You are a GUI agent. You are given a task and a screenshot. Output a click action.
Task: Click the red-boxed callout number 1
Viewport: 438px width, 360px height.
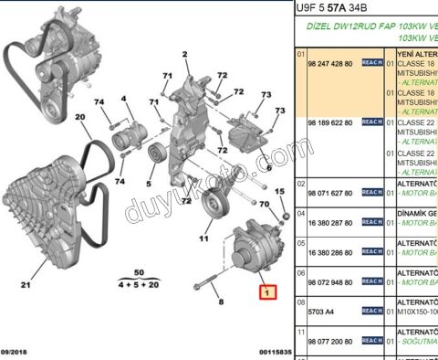(x=266, y=293)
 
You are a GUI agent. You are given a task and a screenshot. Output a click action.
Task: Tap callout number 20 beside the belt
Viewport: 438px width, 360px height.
(x=79, y=117)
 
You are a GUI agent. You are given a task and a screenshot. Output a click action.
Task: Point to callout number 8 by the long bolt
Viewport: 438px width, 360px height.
(x=219, y=300)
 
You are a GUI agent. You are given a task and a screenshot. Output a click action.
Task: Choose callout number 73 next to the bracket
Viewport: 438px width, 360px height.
(x=266, y=95)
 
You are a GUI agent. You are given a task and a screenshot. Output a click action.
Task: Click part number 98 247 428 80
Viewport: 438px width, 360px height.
(x=333, y=65)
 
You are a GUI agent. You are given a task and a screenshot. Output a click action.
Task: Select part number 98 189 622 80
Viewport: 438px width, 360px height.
(x=333, y=122)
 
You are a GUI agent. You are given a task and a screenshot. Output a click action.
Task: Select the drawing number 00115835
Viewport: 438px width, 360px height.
(x=271, y=352)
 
